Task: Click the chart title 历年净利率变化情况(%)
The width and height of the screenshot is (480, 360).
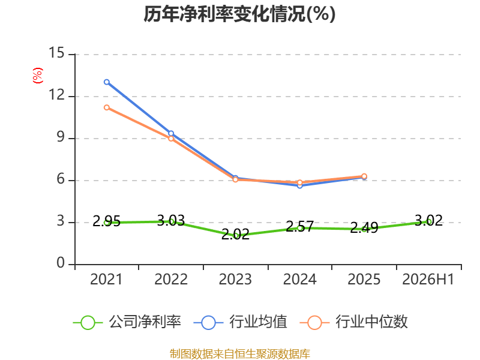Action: pos(239,14)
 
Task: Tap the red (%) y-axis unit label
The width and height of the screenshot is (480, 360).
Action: pos(38,76)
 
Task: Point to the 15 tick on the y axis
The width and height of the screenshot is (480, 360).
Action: pos(56,53)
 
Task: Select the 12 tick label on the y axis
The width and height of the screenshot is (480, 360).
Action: pos(56,95)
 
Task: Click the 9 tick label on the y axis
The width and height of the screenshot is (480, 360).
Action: pos(61,137)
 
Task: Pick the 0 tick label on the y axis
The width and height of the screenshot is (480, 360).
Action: pos(61,263)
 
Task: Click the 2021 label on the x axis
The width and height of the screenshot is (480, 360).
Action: pos(106,279)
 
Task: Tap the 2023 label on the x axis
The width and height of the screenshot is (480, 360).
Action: pos(235,279)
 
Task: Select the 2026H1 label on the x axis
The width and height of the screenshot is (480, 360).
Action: pos(428,279)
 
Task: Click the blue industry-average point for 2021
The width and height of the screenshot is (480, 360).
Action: pos(107,82)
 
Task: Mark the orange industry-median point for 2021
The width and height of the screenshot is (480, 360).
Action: pos(107,107)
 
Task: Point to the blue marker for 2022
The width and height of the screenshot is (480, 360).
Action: pos(171,133)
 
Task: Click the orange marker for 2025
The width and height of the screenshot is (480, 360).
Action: pos(364,176)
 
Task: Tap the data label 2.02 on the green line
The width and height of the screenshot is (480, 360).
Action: pos(235,235)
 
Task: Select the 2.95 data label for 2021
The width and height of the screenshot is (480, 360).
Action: pos(107,221)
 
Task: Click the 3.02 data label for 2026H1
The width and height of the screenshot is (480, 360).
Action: pos(428,220)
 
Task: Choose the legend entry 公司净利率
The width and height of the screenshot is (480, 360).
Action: pos(127,322)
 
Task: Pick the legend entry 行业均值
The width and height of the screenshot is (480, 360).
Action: pos(241,322)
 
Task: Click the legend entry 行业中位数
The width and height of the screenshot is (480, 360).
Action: pos(353,322)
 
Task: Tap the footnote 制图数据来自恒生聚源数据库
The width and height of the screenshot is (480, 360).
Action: pos(239,354)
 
